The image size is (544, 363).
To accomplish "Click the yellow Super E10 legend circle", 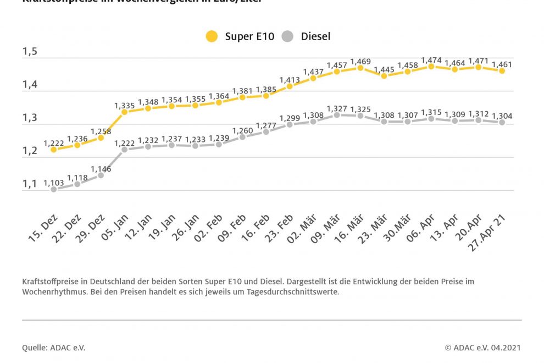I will [x=212, y=37].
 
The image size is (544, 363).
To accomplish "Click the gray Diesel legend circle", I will [x=287, y=37].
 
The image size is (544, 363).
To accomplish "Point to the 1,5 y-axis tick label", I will [x=30, y=52].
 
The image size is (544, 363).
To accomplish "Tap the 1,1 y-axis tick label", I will [x=30, y=184].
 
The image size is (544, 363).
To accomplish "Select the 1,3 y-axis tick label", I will [x=30, y=118].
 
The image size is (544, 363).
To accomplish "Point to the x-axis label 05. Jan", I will [x=115, y=230].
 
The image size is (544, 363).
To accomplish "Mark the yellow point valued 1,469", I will [x=360, y=68].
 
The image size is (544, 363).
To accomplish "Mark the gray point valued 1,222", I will [x=124, y=149].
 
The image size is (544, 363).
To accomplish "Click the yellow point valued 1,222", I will [x=53, y=149].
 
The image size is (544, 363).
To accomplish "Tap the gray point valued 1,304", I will [x=502, y=122].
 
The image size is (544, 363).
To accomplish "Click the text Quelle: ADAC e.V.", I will [x=54, y=348].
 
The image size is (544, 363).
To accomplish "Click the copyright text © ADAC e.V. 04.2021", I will [x=482, y=348].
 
